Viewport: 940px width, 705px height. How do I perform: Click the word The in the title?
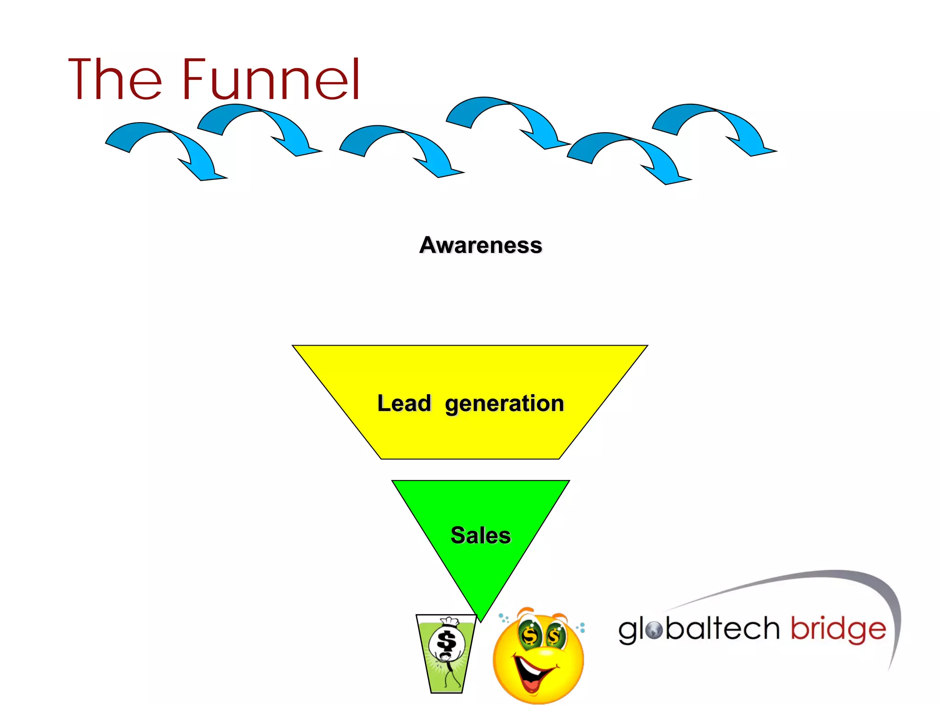click(115, 79)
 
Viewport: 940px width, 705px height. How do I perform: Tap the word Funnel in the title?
click(271, 79)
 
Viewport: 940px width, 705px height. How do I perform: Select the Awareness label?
click(481, 245)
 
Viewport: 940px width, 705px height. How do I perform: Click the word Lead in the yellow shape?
click(404, 403)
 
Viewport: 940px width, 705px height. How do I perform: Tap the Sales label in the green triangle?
click(481, 535)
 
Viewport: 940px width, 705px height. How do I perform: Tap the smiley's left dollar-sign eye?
click(530, 635)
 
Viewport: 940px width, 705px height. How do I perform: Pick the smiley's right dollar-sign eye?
click(555, 636)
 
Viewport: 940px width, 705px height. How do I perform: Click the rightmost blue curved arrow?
click(716, 129)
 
